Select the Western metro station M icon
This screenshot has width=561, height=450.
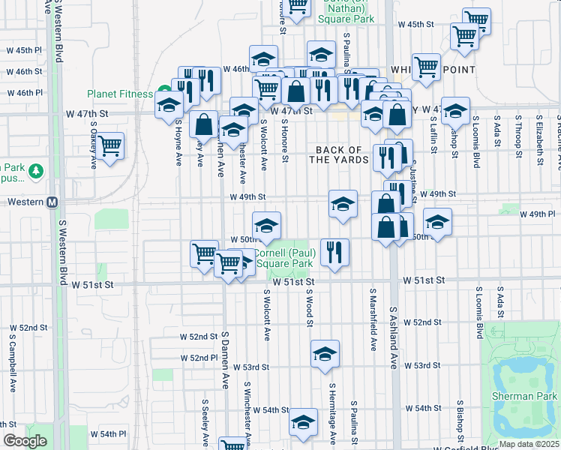[52, 202]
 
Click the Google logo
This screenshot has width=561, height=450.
[24, 441]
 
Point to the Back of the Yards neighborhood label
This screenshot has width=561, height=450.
[341, 154]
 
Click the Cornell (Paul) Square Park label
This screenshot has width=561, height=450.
[284, 258]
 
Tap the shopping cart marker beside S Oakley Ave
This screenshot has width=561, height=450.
[110, 145]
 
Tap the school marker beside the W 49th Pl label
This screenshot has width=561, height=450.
[437, 220]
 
